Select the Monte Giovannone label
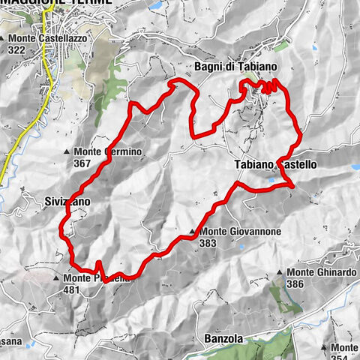point(240,232)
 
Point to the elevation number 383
point(208,243)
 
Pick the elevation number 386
point(295,284)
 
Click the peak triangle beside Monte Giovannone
point(193,232)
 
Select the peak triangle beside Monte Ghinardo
point(280,273)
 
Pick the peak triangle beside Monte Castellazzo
point(6,37)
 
